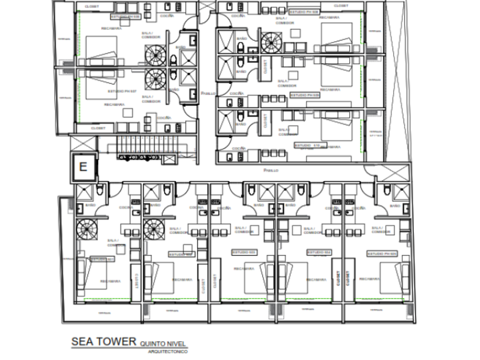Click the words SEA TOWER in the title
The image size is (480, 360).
coord(103,342)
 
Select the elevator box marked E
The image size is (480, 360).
coord(83,167)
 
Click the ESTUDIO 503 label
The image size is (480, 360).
coord(245,252)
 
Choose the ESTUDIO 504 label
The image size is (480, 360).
coord(319,252)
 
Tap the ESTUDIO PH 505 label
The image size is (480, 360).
coord(382,253)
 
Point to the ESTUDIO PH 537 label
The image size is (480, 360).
coord(123,91)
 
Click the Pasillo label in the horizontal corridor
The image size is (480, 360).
coord(271,170)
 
